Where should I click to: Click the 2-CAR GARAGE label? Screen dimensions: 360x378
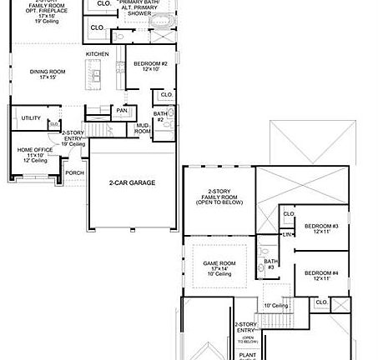tap(131, 182)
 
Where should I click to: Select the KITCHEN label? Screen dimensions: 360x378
tap(98, 55)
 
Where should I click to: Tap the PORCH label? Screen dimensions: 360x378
tap(74, 172)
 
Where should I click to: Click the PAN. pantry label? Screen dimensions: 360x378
tap(122, 110)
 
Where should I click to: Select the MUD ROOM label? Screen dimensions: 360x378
tap(143, 129)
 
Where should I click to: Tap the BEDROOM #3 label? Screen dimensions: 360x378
tap(320, 228)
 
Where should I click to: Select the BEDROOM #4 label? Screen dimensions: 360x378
tap(320, 275)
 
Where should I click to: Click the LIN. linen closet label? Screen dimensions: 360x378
tap(287, 234)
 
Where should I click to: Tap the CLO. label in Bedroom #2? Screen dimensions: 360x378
tap(167, 94)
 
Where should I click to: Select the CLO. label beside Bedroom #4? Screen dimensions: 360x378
tap(321, 302)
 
